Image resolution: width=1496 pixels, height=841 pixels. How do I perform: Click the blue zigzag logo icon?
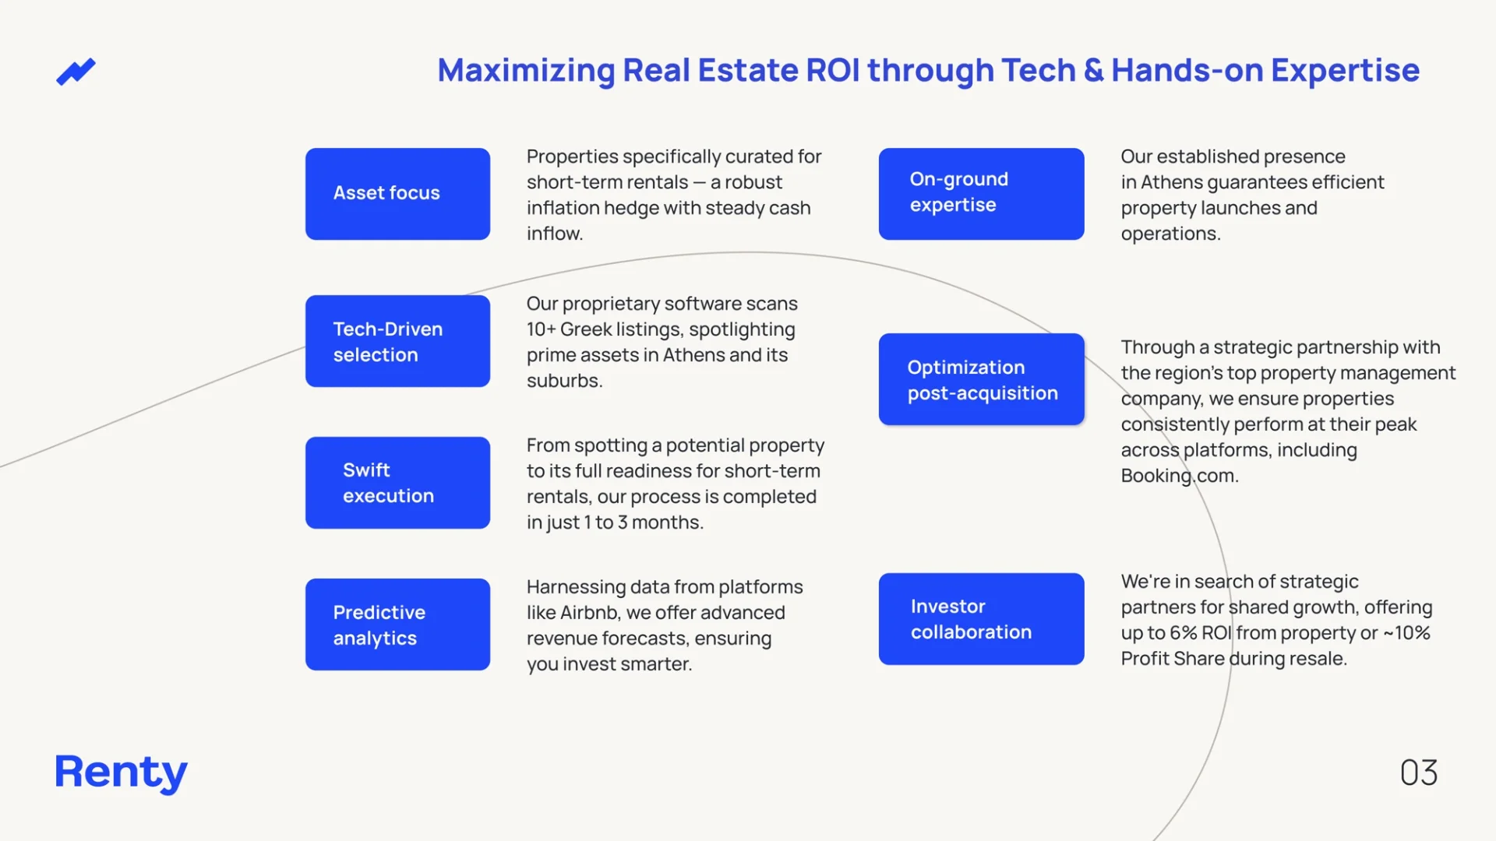[76, 72]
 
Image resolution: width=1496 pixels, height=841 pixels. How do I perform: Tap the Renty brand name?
[121, 772]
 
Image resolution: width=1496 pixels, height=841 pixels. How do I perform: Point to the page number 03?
[1418, 772]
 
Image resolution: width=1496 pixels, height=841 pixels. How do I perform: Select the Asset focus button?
[397, 194]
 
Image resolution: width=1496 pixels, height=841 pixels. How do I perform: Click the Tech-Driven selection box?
[397, 341]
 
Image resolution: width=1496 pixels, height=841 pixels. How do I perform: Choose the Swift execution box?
[397, 483]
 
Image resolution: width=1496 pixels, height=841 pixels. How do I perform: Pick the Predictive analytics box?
[397, 625]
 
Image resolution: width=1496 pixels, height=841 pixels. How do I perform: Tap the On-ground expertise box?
[981, 194]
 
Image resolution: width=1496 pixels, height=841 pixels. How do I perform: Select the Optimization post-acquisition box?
[981, 379]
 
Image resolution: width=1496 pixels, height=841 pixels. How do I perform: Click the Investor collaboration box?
[981, 619]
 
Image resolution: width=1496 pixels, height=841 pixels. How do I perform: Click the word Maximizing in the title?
[526, 71]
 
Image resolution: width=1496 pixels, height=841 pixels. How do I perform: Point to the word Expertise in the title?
[1345, 71]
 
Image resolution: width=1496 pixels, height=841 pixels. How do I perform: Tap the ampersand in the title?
[1093, 71]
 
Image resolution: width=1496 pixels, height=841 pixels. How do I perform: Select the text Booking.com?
[1179, 476]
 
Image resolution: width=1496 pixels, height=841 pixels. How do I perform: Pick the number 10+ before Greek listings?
[541, 329]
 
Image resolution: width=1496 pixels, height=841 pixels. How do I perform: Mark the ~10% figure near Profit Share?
[1406, 633]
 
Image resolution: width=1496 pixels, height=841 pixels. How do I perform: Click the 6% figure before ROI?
[1183, 633]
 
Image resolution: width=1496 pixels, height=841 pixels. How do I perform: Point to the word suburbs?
[564, 381]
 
